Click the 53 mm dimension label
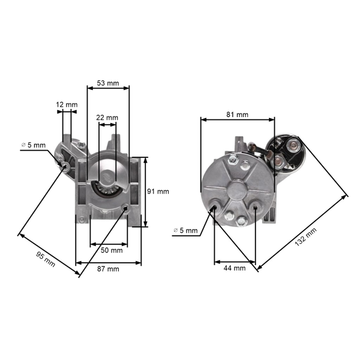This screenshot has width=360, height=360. (108, 83)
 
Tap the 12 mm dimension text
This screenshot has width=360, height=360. (67, 105)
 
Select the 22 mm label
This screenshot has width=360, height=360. (108, 118)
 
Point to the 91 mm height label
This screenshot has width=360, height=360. (158, 191)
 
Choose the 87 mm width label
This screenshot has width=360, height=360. (109, 269)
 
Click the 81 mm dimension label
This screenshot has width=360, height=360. (238, 114)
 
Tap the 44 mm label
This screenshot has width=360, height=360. (235, 269)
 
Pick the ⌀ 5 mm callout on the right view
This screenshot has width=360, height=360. (185, 230)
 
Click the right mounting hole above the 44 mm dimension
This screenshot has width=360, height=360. (256, 208)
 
